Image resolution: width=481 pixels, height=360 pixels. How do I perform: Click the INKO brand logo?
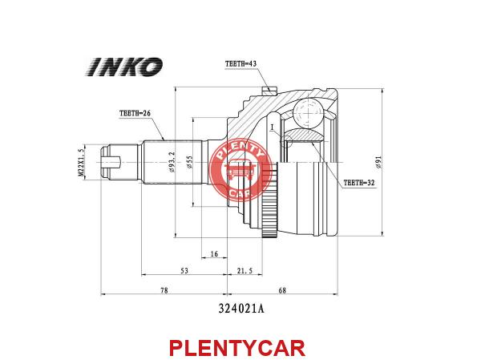coord(124,67)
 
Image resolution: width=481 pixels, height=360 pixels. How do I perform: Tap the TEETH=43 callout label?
coord(240,64)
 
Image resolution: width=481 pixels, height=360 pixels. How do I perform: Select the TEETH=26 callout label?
coord(135,113)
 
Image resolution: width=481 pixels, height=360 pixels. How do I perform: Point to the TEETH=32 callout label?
coord(359,183)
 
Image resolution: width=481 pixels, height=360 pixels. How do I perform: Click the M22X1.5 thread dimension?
coord(81,162)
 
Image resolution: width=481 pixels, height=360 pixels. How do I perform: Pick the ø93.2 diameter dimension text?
coord(172,162)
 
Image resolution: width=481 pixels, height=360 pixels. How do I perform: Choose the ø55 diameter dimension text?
coord(189,162)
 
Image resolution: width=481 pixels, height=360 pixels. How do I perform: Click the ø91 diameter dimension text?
coord(378,162)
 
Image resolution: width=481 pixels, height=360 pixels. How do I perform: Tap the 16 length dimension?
coord(214,254)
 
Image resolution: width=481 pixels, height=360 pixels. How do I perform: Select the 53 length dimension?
coord(184,271)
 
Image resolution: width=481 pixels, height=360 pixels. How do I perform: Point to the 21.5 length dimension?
coord(245,271)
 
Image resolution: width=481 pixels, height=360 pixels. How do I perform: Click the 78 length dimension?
coord(164,290)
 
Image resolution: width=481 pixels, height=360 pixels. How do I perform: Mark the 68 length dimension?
coord(282,290)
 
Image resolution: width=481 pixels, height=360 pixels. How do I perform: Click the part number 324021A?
coord(241,309)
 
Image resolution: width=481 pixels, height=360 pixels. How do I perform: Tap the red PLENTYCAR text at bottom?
coord(237,348)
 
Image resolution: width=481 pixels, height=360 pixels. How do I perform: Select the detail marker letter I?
coord(272,127)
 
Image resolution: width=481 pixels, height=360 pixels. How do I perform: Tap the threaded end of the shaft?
coord(119,162)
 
